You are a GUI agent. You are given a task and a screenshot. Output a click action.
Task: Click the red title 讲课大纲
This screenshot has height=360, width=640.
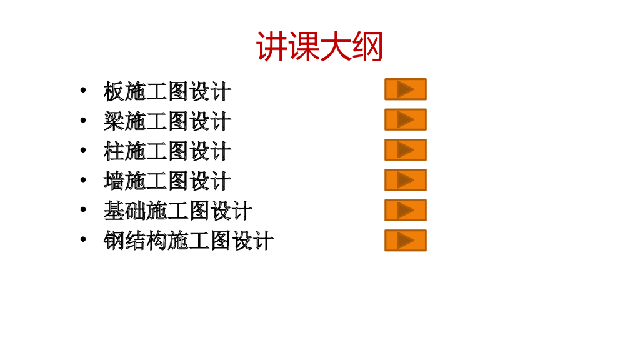point(319,47)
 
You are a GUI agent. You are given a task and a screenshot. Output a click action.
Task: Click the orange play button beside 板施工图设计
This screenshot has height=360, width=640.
point(405,89)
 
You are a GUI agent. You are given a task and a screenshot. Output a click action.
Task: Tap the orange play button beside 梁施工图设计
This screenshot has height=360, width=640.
point(405,119)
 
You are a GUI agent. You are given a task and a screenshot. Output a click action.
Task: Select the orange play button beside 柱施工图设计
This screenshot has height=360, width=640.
point(405,150)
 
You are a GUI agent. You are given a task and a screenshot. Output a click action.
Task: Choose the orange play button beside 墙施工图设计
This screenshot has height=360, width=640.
point(405,180)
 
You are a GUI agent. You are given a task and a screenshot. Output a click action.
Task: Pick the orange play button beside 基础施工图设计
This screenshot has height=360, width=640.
point(405,210)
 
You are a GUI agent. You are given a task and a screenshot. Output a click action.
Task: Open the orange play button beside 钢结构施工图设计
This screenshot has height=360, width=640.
point(405,241)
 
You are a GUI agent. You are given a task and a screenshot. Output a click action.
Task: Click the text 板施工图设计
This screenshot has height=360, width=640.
point(167,92)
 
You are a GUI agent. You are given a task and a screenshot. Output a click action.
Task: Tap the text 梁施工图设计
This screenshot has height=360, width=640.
point(167,121)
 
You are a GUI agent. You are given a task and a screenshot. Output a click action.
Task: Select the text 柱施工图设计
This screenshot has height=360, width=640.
point(167,151)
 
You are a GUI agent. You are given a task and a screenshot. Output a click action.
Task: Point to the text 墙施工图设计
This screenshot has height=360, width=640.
point(167,181)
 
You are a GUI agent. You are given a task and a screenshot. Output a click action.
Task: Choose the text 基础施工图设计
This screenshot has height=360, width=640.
point(178,211)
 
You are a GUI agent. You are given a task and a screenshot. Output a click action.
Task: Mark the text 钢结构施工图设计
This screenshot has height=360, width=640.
point(189,241)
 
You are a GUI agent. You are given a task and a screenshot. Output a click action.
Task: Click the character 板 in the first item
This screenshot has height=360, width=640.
point(114,92)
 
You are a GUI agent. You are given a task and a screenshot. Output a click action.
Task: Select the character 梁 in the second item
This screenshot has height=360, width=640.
point(114,121)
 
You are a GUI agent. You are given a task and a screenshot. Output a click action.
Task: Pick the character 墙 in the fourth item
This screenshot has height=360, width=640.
point(114,181)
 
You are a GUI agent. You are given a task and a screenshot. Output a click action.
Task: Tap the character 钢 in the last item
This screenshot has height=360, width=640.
point(114,241)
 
